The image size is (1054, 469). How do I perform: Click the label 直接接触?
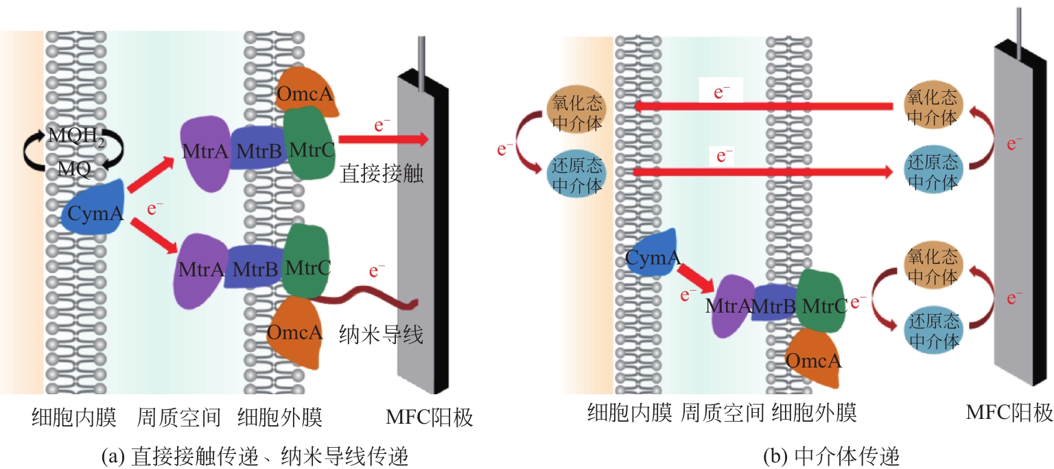pos(381,174)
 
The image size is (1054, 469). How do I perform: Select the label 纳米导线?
pos(381,335)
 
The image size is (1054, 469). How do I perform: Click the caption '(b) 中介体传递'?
pos(831,455)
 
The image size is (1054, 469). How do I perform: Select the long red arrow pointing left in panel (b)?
pos(762,106)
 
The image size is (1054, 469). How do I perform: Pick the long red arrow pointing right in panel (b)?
pos(762,172)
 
